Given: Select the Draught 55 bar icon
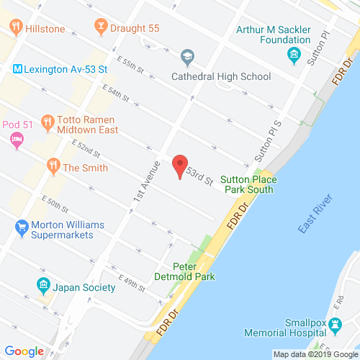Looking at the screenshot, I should pos(101,27).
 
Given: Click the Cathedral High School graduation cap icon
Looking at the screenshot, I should pos(187,56).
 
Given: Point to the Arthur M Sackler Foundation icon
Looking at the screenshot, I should pos(294,55).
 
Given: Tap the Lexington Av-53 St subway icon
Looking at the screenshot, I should pos(16,70).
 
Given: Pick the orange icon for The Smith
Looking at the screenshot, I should pos(53,167).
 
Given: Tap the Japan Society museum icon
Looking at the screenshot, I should pos(43,286).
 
